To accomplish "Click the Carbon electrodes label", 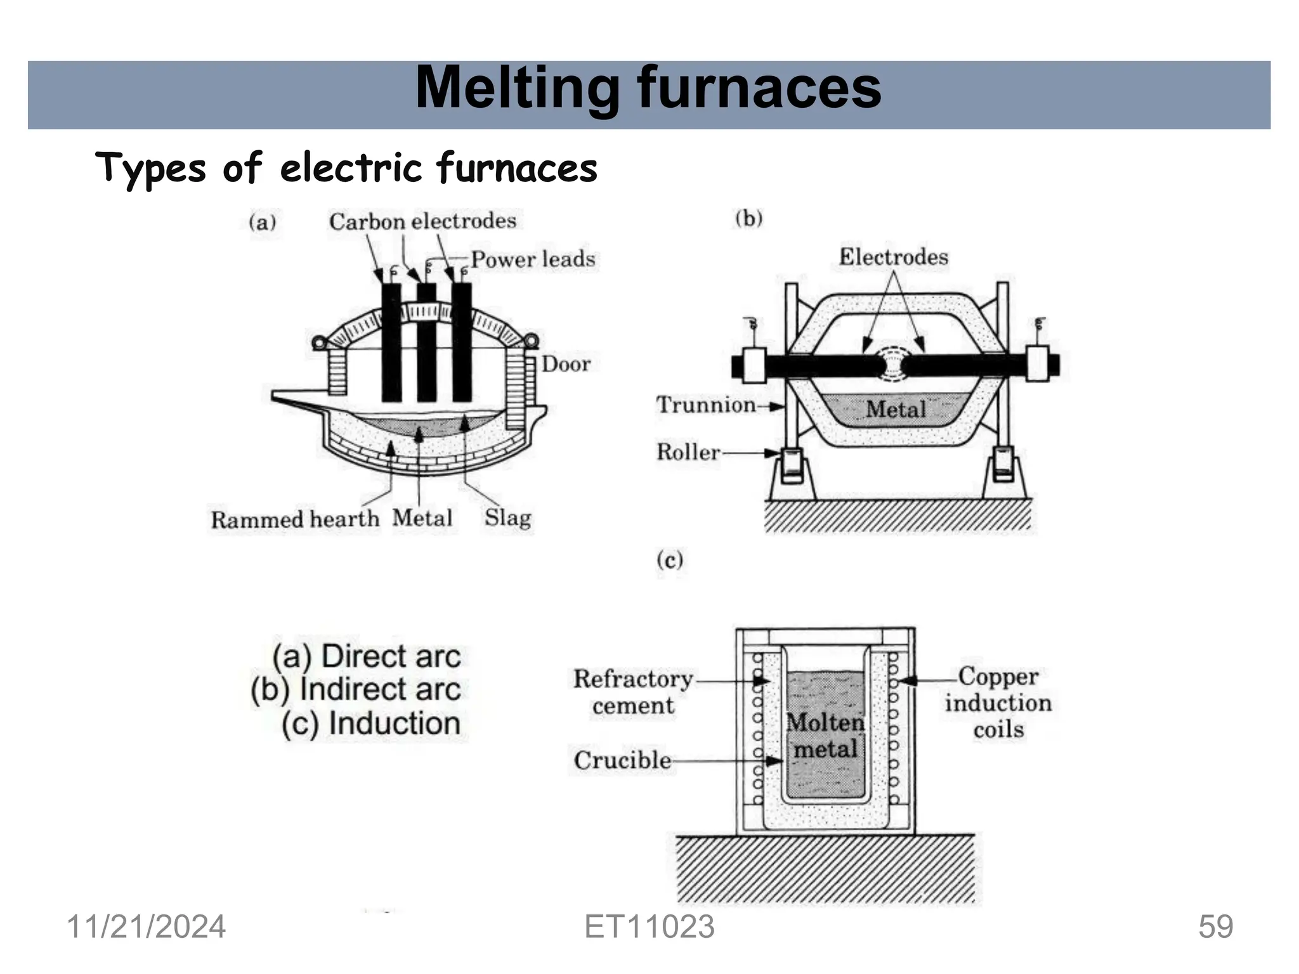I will click(x=422, y=221).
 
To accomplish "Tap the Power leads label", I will click(x=533, y=259).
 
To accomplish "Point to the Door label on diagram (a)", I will click(x=566, y=364).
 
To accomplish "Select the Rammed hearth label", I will click(x=295, y=519).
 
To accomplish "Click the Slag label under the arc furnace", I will click(x=507, y=517).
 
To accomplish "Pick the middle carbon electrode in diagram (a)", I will click(x=426, y=342).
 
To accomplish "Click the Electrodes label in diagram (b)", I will click(x=893, y=257).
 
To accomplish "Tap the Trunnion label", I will click(x=705, y=405).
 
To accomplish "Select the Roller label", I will click(x=688, y=452).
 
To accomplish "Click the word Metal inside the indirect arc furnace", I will click(x=896, y=409).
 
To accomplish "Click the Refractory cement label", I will click(x=633, y=692).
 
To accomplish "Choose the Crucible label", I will click(x=622, y=760).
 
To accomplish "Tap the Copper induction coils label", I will click(x=998, y=703).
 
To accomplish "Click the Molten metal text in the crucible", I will click(x=825, y=736).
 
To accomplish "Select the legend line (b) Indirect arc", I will click(x=356, y=689).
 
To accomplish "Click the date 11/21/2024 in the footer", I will click(x=146, y=927).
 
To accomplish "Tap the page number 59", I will click(x=1215, y=927).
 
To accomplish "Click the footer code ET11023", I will click(x=649, y=927).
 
